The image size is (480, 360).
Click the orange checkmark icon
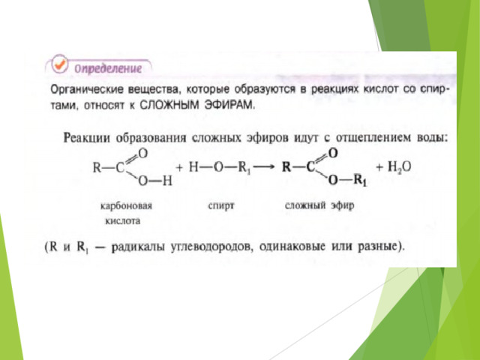[x=59, y=64]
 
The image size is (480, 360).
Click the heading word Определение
[x=108, y=68]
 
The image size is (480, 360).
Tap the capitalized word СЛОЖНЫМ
[x=168, y=105]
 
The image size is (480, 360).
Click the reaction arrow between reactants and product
[x=264, y=167]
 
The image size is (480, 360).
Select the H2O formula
[x=399, y=167]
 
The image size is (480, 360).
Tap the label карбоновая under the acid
[x=126, y=205]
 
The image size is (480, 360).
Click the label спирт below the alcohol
[x=221, y=205]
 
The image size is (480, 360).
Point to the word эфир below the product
[x=342, y=205]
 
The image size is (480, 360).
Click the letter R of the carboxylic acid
[x=97, y=168]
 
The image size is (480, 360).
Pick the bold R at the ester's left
[x=286, y=167]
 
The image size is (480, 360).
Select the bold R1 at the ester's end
[x=361, y=180]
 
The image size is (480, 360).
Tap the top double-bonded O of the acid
[x=143, y=153]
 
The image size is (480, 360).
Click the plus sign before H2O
[x=379, y=167]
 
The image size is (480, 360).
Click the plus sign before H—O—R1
[x=179, y=167]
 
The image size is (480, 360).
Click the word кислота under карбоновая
[x=123, y=220]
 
